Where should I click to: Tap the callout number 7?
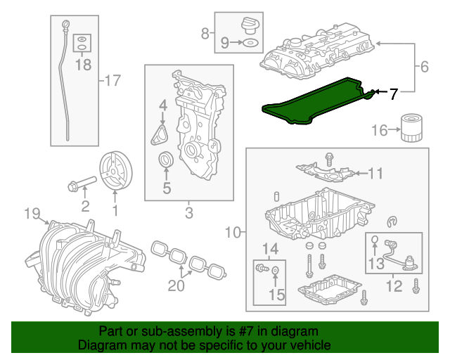(x=393, y=92)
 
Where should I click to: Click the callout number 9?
(x=224, y=43)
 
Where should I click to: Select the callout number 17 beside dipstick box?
(x=112, y=81)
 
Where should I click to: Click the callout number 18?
(x=83, y=65)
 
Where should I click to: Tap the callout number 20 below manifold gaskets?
(x=176, y=285)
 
